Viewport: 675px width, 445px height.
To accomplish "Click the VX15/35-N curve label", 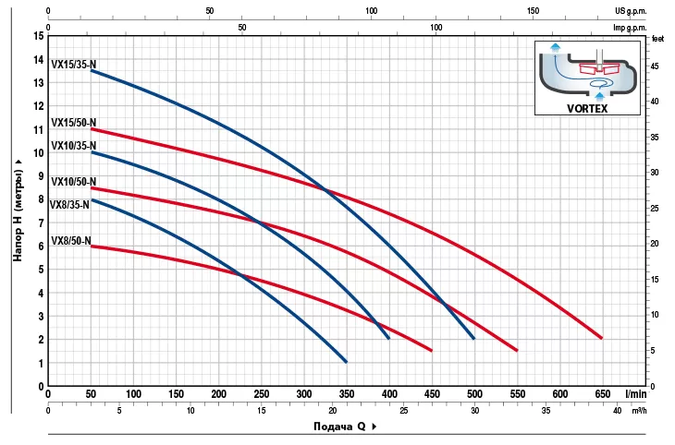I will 73,64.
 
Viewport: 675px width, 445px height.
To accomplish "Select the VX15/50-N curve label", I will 73,122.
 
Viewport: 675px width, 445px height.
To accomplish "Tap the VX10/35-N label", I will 73,145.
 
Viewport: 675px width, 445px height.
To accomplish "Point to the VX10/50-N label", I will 73,182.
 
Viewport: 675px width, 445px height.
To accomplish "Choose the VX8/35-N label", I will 70,205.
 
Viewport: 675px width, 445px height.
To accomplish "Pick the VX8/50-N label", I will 70,241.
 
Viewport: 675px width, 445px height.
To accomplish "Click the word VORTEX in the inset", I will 587,107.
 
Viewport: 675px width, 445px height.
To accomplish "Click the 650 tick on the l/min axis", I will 602,393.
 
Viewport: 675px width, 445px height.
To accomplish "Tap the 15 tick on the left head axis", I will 39,36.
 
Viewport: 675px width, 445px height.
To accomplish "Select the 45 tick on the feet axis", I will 657,66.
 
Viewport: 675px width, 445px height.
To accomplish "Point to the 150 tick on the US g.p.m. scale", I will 534,11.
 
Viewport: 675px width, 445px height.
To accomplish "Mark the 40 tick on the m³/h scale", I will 618,410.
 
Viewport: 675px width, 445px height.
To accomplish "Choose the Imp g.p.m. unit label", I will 632,28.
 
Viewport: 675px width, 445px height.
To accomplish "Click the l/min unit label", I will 634,393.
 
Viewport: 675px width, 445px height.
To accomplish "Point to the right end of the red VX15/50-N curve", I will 601,338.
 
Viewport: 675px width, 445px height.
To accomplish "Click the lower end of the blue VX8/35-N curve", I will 346,361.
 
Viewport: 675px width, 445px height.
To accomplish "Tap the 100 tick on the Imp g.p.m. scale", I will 436,28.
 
